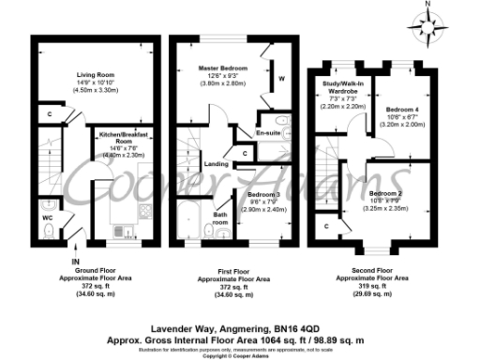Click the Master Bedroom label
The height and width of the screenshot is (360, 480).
[x=223, y=69]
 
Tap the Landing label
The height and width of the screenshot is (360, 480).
[x=216, y=164]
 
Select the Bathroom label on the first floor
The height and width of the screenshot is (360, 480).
[x=221, y=219]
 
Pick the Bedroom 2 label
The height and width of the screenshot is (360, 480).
[x=385, y=164]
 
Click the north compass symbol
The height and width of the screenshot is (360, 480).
[x=427, y=23]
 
